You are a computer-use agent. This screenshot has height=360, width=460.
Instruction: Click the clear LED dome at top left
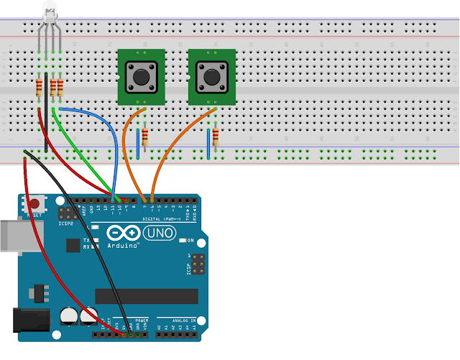pyautogui.click(x=49, y=11)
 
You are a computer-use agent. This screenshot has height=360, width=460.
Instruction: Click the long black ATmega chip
pyautogui.click(x=146, y=296)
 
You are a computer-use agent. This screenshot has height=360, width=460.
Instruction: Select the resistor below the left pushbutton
pyautogui.click(x=146, y=137)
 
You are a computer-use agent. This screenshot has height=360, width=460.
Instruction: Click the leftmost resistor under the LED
pyautogui.click(x=39, y=88)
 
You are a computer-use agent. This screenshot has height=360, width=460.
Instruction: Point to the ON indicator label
pyautogui.click(x=190, y=239)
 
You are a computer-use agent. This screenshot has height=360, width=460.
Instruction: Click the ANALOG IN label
pyautogui.click(x=175, y=318)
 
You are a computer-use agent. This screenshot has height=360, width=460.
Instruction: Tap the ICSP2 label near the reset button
pyautogui.click(x=65, y=223)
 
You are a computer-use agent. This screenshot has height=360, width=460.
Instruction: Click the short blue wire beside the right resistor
pyautogui.click(x=208, y=143)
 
